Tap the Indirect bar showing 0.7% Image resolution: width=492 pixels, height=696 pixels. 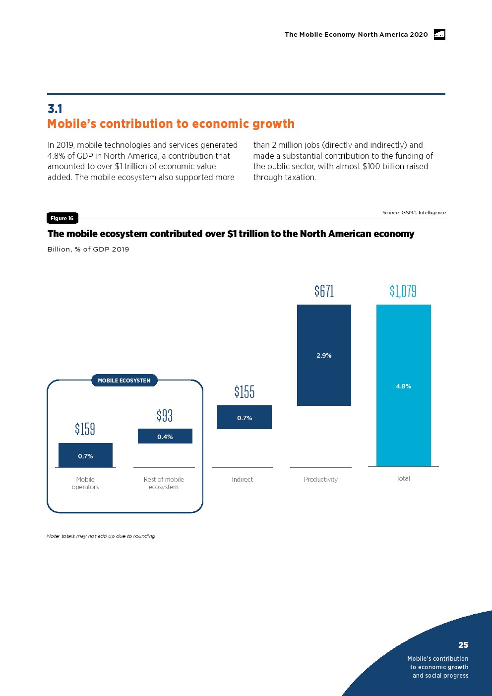point(245,417)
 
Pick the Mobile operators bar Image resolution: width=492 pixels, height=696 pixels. point(85,455)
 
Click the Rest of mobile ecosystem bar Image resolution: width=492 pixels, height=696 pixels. point(165,436)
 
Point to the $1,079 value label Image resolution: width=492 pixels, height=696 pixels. point(403,291)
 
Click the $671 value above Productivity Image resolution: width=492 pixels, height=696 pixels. point(324,291)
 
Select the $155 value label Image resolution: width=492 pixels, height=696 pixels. point(245,392)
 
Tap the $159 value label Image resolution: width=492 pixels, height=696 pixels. point(85,429)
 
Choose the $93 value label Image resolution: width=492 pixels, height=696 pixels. point(165,415)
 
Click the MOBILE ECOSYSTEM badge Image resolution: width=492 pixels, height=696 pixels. point(124,380)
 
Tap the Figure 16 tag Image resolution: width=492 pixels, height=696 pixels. point(62,218)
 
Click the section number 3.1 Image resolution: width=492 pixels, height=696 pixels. point(55,109)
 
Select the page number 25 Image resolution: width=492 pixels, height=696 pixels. point(463,645)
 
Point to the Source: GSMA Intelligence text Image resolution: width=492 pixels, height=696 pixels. point(414,212)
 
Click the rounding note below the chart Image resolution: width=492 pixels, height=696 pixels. point(101,536)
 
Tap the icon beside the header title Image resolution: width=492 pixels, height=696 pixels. point(439,34)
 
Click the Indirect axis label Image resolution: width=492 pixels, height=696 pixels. point(242,479)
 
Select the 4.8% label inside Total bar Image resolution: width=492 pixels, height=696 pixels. point(403,386)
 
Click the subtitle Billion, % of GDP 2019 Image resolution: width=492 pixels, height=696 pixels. point(88,249)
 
